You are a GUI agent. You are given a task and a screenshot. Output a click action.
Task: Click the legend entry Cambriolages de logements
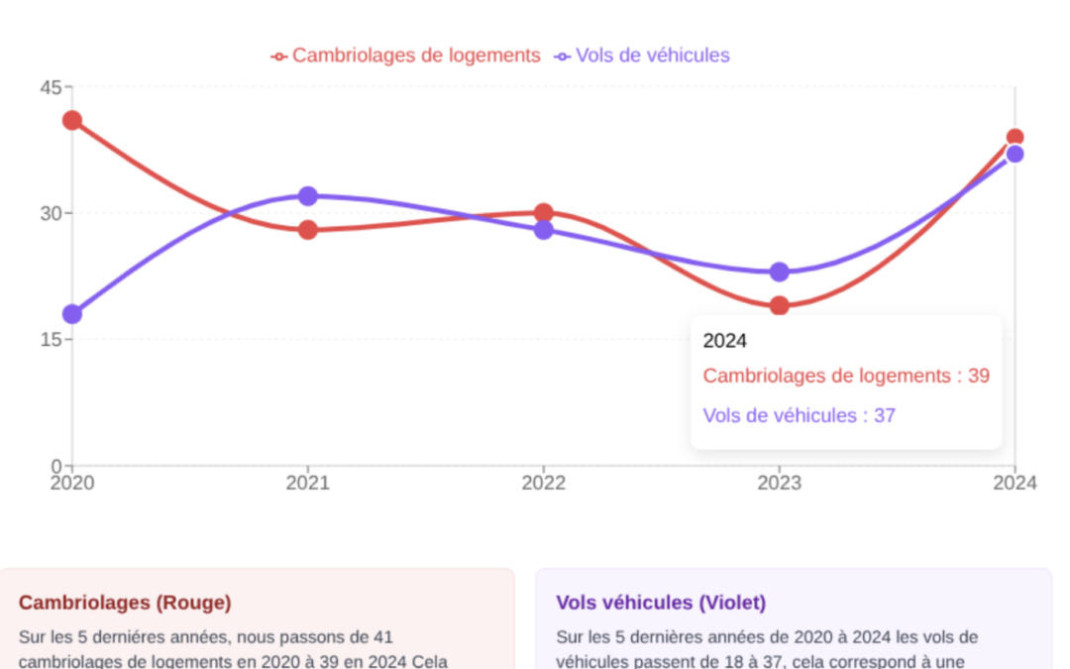click(x=406, y=56)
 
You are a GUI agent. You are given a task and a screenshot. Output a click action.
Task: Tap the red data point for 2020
click(x=72, y=121)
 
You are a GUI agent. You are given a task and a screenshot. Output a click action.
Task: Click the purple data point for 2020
click(x=72, y=314)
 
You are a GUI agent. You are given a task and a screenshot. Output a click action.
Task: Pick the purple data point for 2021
click(x=308, y=196)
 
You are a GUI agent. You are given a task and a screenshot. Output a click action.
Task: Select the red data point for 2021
click(x=308, y=230)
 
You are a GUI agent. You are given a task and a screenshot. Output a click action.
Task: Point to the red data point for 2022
click(x=544, y=212)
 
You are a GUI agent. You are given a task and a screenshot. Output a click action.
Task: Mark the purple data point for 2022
click(x=544, y=230)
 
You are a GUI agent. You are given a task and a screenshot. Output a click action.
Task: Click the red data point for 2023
click(x=780, y=305)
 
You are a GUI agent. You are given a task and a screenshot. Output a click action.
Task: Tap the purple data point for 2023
click(x=780, y=272)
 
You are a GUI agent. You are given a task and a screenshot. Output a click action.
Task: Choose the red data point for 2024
click(x=1015, y=138)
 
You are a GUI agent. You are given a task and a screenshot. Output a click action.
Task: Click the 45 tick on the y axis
click(x=51, y=87)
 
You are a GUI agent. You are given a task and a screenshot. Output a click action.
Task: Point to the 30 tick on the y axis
click(x=51, y=213)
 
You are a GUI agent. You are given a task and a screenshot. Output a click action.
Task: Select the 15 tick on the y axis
click(x=51, y=339)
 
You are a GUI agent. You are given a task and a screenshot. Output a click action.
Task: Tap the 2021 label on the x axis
click(x=308, y=483)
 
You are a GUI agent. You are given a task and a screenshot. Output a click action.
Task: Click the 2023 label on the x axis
click(x=780, y=483)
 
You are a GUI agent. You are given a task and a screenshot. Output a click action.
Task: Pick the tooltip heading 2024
click(x=724, y=341)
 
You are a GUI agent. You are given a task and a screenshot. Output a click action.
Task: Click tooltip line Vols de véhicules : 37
click(x=799, y=415)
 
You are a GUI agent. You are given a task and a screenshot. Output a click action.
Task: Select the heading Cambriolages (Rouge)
click(x=125, y=603)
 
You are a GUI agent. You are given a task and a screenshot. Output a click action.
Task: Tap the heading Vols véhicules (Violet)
click(x=661, y=603)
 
